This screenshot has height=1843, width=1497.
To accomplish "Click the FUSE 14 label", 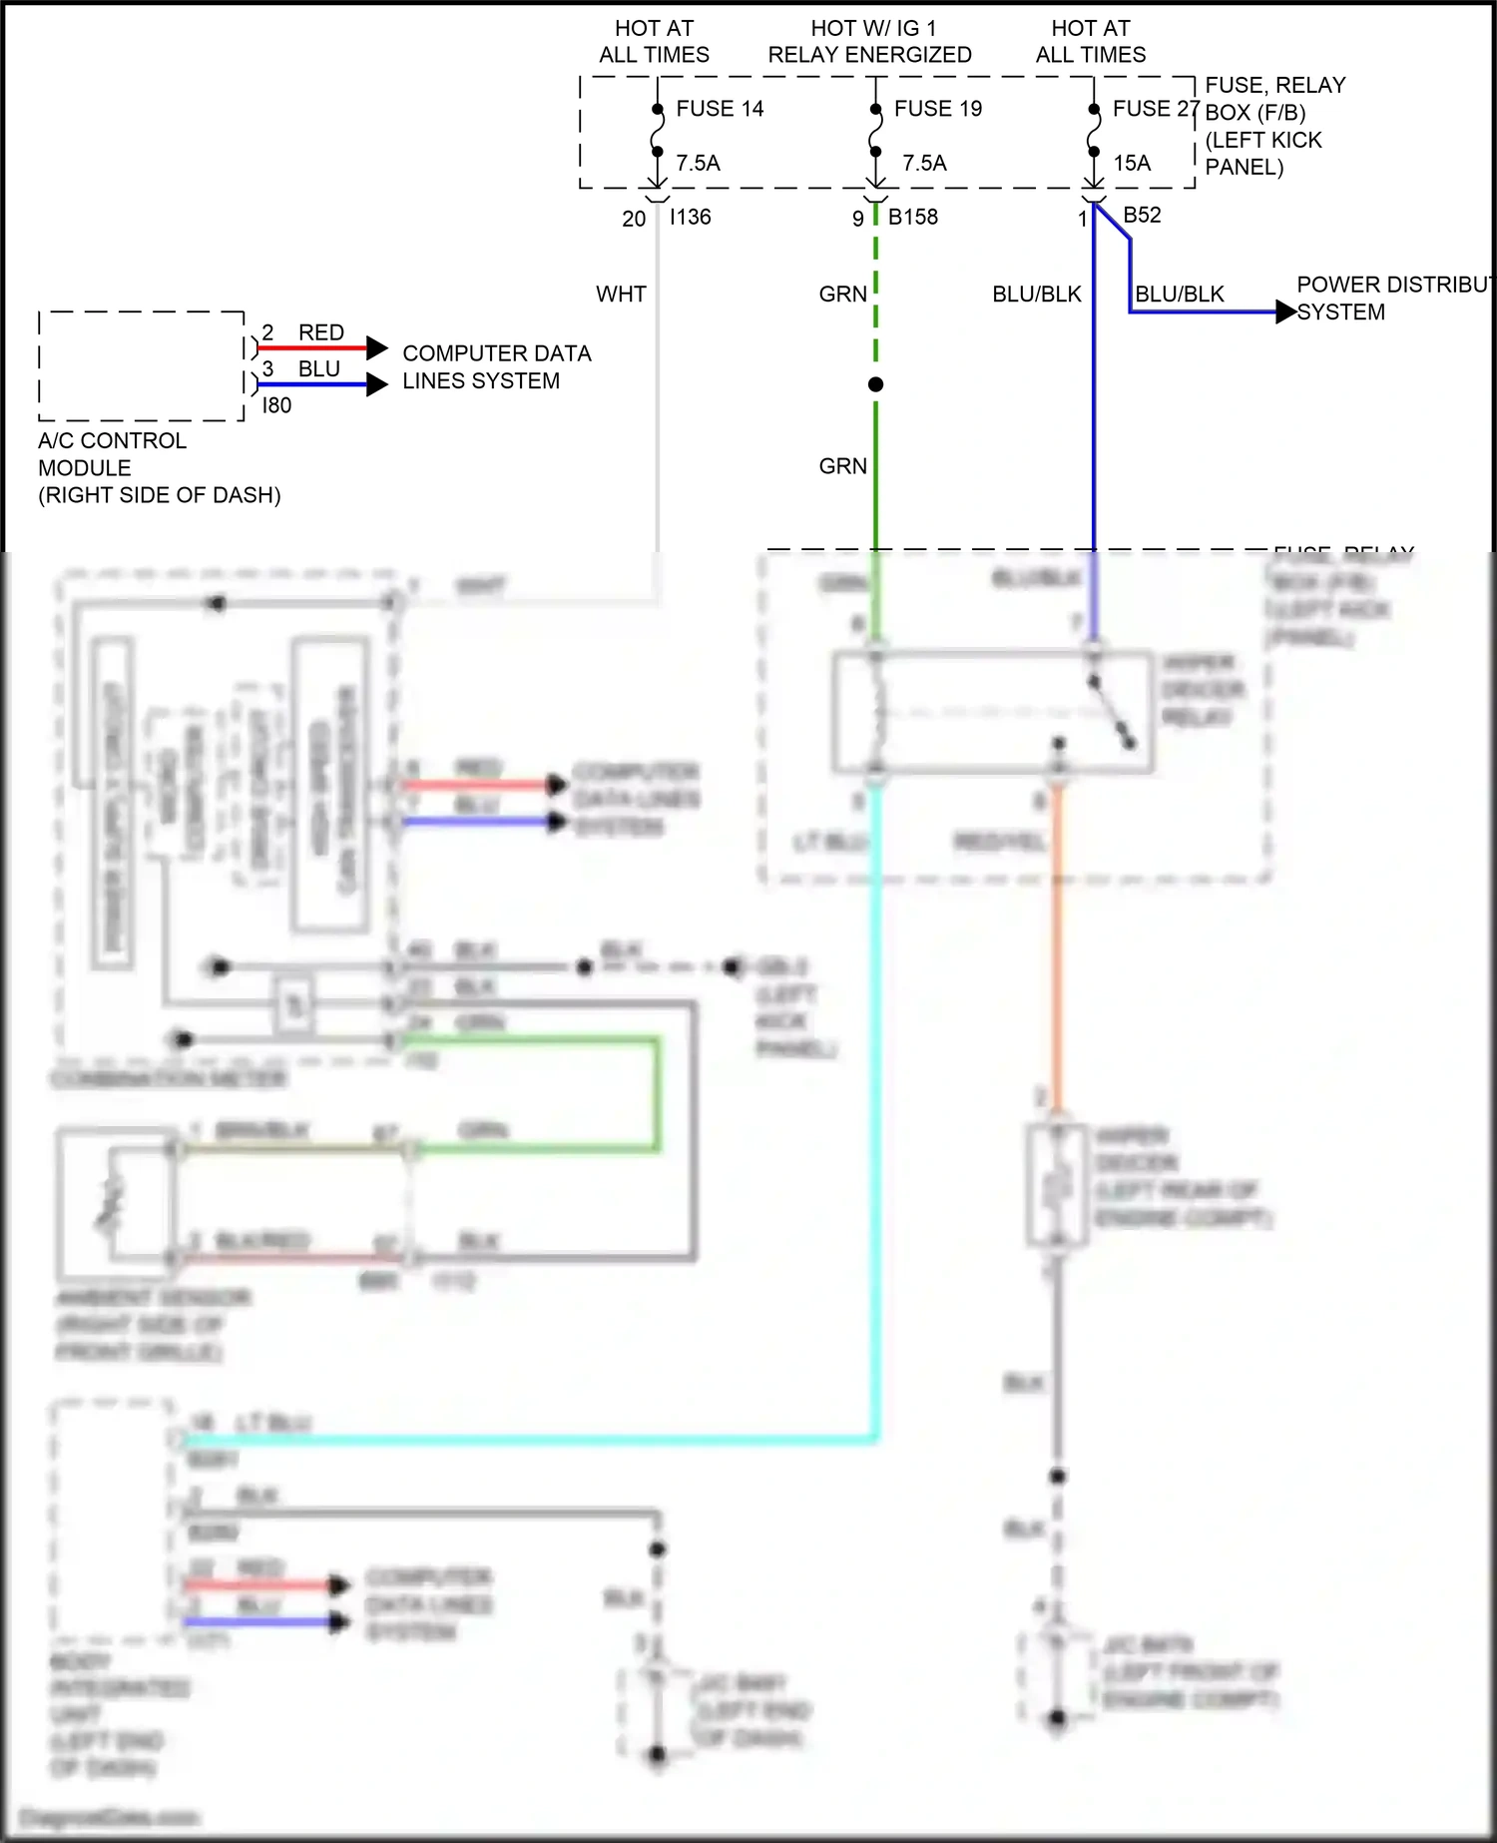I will pyautogui.click(x=720, y=109).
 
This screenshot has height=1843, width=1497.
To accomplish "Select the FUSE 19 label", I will pyautogui.click(x=937, y=109).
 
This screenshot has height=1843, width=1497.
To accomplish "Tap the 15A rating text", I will pyautogui.click(x=1132, y=163).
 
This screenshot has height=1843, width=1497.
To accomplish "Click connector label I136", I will pyautogui.click(x=690, y=217).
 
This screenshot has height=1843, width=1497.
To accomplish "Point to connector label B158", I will pyautogui.click(x=912, y=217).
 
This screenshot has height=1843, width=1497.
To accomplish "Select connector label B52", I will pyautogui.click(x=1142, y=215).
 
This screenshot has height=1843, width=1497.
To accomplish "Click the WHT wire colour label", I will pyautogui.click(x=621, y=295).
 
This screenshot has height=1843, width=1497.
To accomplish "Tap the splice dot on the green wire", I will pyautogui.click(x=875, y=384).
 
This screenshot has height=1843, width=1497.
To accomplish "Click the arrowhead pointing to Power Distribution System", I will pyautogui.click(x=1285, y=312).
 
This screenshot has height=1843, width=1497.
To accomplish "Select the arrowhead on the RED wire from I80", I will pyautogui.click(x=376, y=347).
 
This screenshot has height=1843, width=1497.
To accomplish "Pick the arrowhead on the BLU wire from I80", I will pyautogui.click(x=376, y=384).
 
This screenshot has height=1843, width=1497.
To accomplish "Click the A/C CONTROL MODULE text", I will pyautogui.click(x=112, y=454).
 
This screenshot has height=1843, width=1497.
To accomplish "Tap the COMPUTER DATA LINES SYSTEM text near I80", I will pyautogui.click(x=496, y=367).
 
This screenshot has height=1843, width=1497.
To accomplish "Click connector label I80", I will pyautogui.click(x=276, y=405).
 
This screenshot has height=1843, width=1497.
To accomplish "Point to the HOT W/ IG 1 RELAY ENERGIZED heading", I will pyautogui.click(x=869, y=41).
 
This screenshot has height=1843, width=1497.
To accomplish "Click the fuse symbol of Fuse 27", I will pyautogui.click(x=1094, y=131).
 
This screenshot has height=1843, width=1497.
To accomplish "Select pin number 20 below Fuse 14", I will pyautogui.click(x=634, y=219).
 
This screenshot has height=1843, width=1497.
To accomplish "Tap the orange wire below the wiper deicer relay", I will pyautogui.click(x=1057, y=948).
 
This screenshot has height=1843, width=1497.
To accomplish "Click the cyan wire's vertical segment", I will pyautogui.click(x=876, y=1098).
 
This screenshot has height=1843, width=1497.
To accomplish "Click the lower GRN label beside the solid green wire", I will pyautogui.click(x=842, y=466).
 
